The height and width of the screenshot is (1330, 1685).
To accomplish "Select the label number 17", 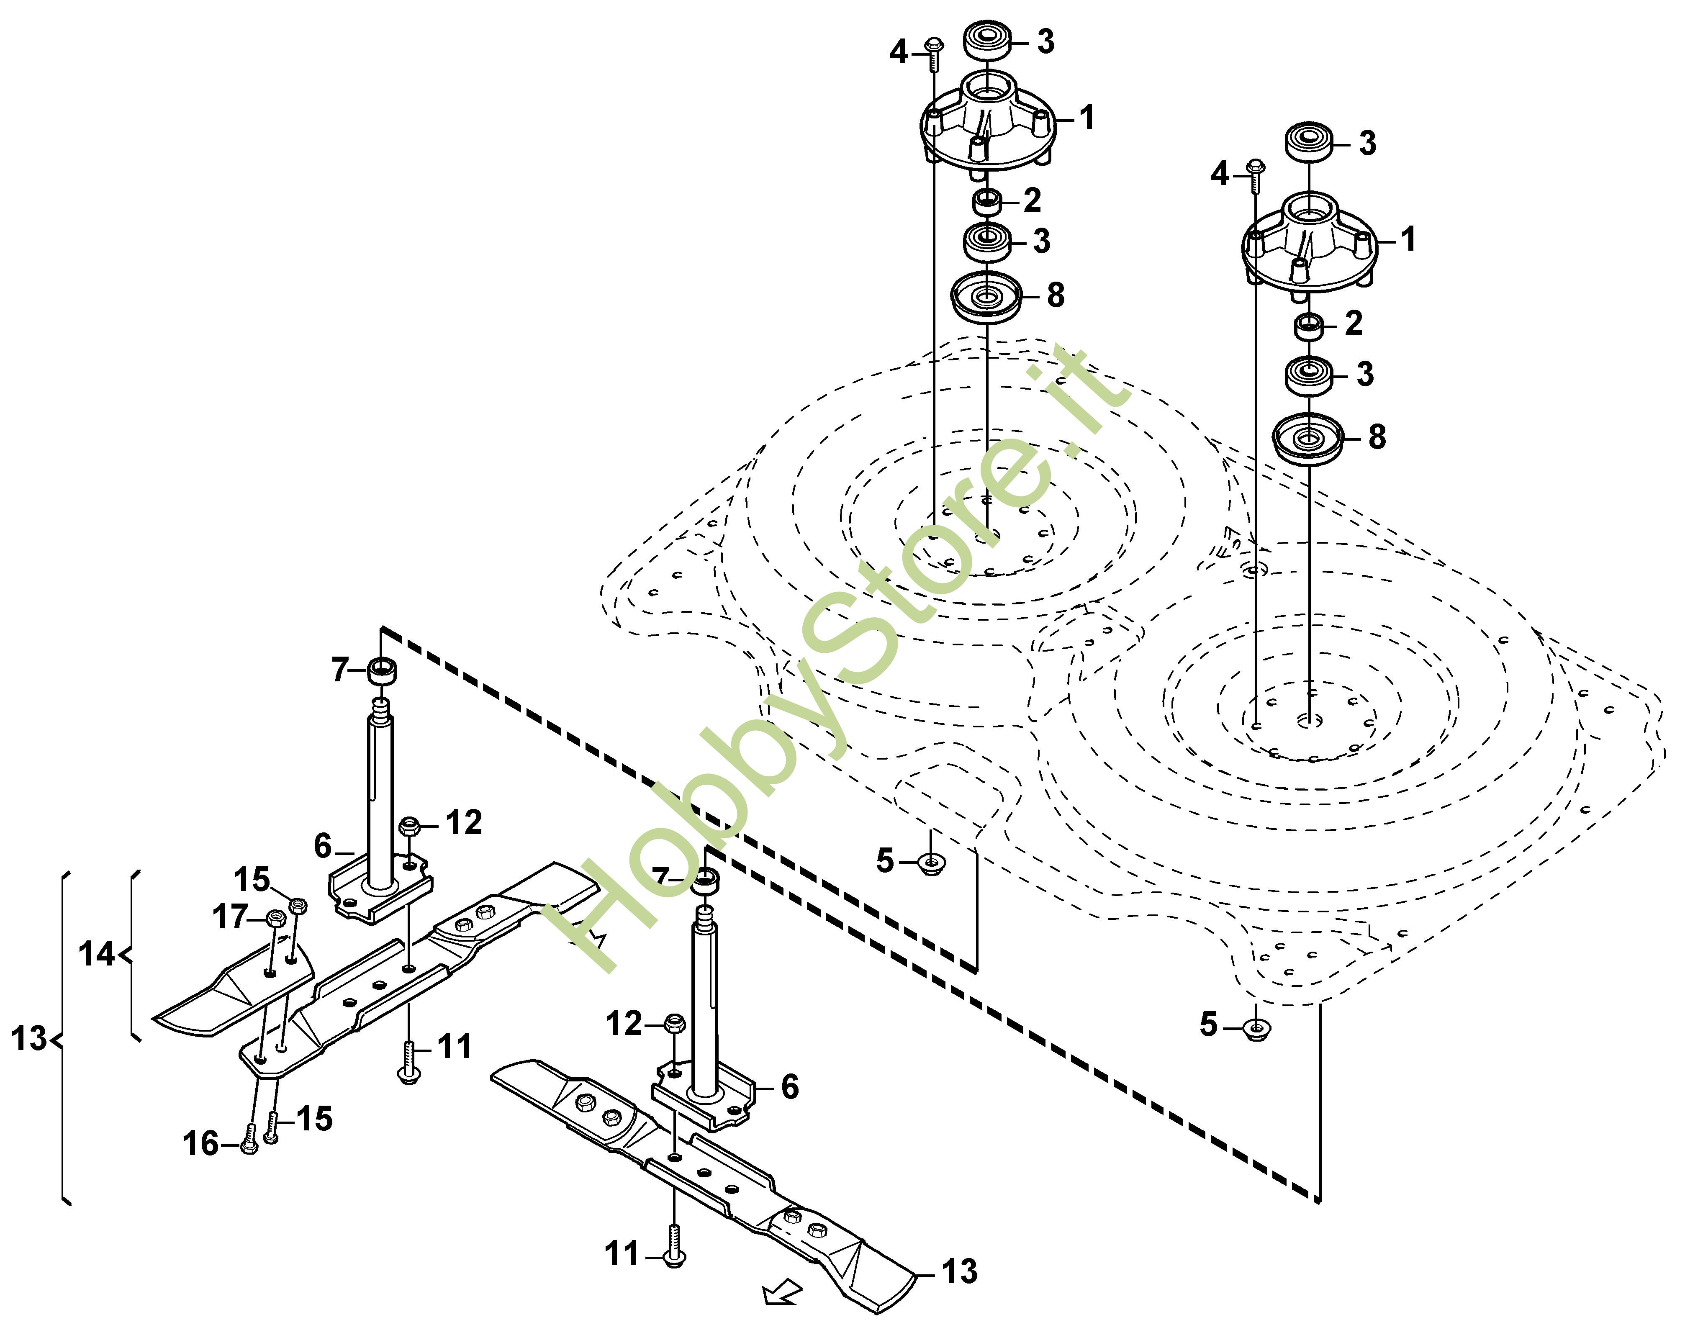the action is click(x=231, y=917).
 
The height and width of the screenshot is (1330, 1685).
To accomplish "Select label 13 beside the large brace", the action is click(x=30, y=1039).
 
